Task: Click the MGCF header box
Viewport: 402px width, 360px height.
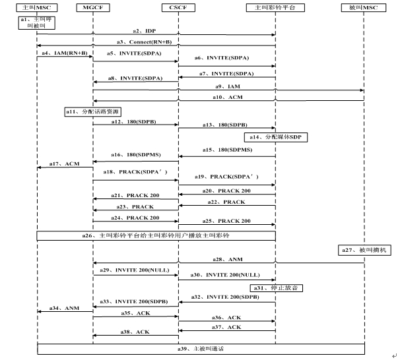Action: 92,7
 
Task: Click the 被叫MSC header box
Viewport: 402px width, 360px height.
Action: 364,7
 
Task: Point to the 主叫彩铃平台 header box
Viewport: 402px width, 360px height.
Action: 275,7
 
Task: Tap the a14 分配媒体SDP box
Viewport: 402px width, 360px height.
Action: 278,136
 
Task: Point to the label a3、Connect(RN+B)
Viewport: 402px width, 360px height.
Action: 157,42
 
